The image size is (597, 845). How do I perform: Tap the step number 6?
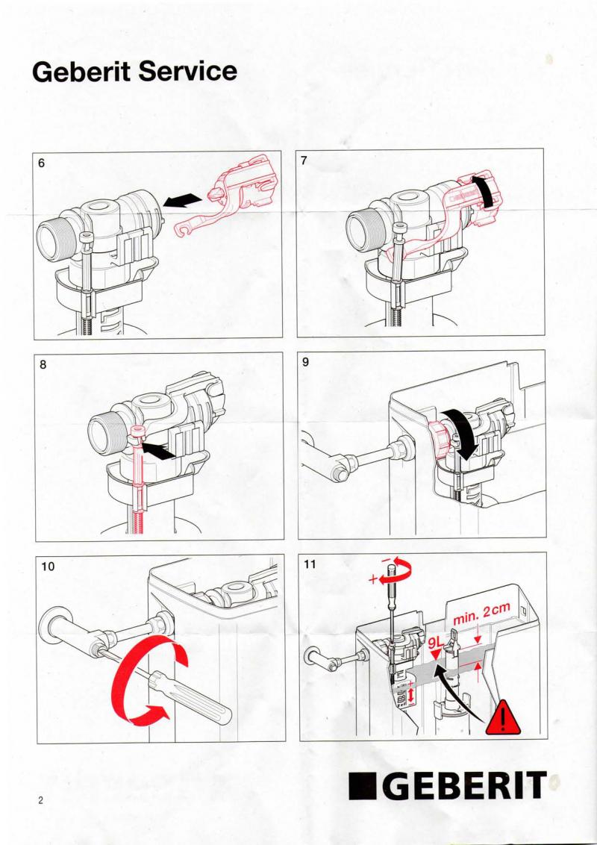click(42, 163)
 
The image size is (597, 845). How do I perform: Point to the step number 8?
click(43, 365)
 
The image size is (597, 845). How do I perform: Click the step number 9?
click(305, 362)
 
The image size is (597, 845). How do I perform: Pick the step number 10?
click(48, 567)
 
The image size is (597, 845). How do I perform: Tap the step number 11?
click(309, 564)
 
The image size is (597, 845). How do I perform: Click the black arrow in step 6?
click(183, 202)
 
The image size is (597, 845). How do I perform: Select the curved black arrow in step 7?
click(487, 190)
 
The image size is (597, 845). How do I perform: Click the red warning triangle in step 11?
click(503, 718)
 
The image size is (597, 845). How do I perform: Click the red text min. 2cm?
click(481, 614)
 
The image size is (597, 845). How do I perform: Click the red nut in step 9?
click(440, 440)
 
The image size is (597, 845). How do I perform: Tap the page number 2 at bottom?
click(40, 800)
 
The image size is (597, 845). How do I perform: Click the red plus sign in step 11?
click(373, 580)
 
